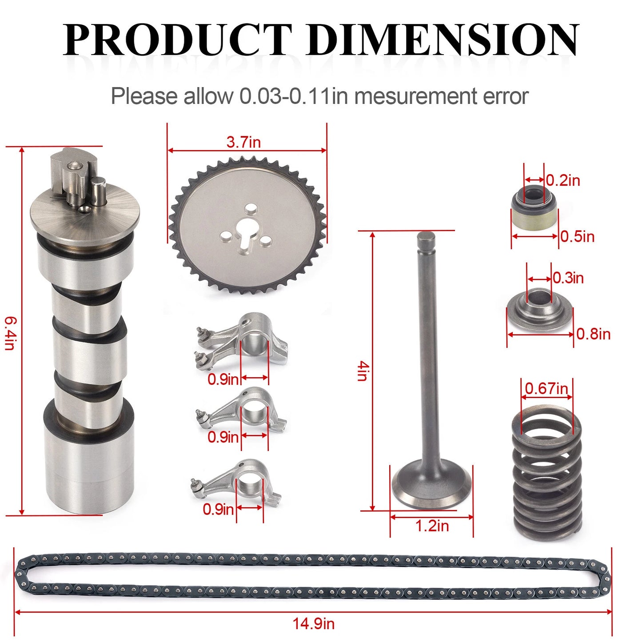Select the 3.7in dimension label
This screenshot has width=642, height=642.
[x=243, y=142]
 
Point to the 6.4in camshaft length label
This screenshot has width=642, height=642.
[x=10, y=333]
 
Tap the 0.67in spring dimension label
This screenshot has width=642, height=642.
[x=546, y=388]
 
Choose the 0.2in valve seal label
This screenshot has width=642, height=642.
[x=563, y=180]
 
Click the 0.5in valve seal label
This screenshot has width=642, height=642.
[x=578, y=236]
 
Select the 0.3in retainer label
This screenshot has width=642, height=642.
[x=568, y=278]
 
